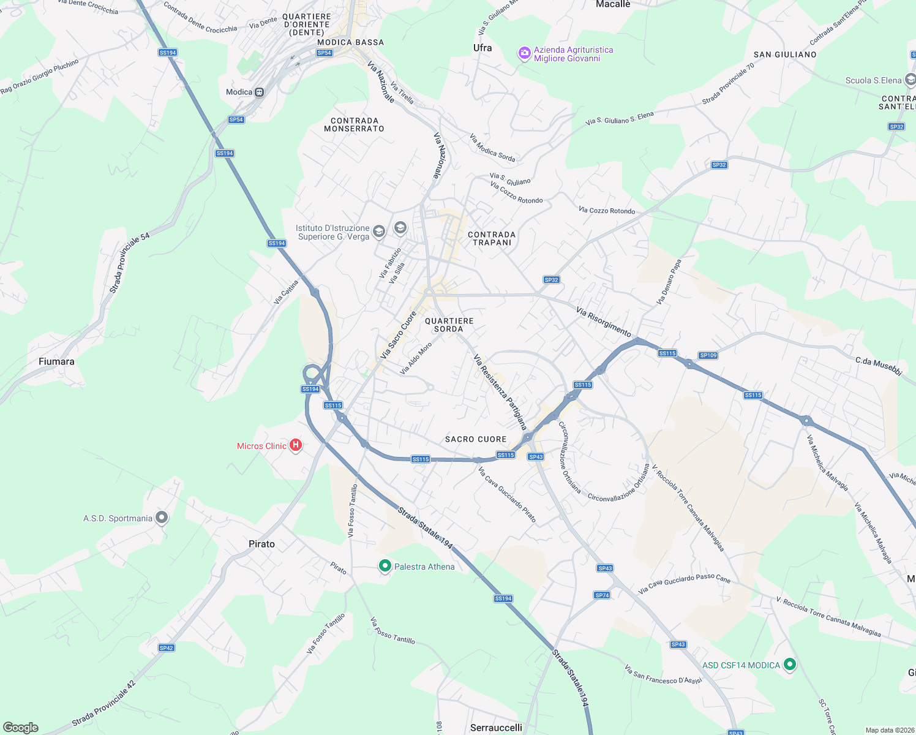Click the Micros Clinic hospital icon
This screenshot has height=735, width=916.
(296, 445)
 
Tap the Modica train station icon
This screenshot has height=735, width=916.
(260, 92)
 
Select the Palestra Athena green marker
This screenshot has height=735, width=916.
(385, 566)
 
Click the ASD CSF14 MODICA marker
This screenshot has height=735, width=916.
(790, 664)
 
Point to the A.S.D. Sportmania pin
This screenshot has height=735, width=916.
(162, 518)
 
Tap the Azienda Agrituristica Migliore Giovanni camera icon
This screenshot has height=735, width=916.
(524, 53)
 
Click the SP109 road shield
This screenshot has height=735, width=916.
(708, 355)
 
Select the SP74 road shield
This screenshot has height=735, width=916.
(602, 595)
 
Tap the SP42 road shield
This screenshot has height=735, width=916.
(166, 647)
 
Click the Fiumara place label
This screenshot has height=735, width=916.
(56, 361)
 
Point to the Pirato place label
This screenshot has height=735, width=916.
(261, 544)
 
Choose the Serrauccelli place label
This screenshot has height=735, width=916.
(496, 728)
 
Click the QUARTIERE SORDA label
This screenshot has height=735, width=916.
(449, 325)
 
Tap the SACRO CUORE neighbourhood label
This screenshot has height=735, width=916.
(476, 439)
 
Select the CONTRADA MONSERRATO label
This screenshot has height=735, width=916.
(354, 124)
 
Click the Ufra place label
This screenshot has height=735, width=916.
(482, 48)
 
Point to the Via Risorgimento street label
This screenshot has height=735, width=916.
(603, 322)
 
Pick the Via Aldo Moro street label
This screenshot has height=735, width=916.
(416, 358)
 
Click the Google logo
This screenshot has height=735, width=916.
(21, 727)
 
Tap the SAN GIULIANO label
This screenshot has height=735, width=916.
(785, 55)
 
